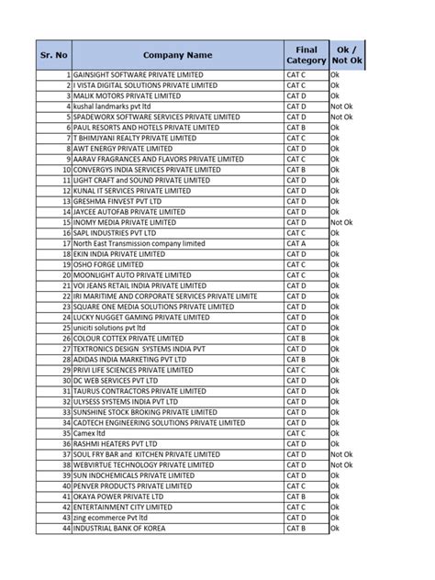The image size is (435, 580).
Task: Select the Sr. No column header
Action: (x=54, y=54)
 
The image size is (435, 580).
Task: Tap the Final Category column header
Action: (x=306, y=54)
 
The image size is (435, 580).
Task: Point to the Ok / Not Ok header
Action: (x=346, y=54)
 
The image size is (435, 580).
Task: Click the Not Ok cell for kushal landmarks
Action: (x=341, y=106)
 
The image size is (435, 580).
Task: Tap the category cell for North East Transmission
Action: (x=296, y=244)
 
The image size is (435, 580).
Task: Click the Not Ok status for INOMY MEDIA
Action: (x=341, y=223)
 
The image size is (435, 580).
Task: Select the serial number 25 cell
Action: (x=66, y=329)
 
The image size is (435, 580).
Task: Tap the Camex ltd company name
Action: (x=91, y=433)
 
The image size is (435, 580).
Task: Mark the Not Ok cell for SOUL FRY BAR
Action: (x=341, y=454)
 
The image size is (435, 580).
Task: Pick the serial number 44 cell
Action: (x=66, y=529)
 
